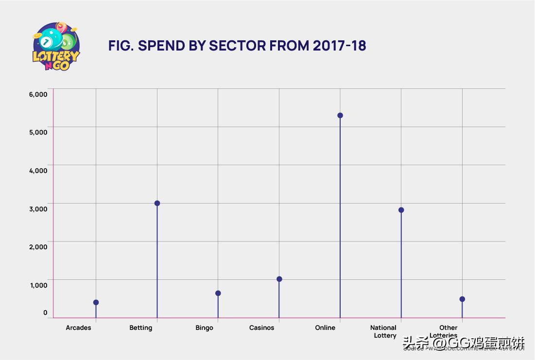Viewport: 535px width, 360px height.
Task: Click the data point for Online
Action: [x=340, y=116]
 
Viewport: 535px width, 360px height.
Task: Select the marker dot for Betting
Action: [x=157, y=203]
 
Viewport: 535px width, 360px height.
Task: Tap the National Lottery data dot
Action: [x=401, y=210]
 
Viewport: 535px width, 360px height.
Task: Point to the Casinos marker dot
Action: [x=279, y=279]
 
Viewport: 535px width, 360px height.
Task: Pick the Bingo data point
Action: [x=218, y=293]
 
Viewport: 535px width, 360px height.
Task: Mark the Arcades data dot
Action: [x=96, y=302]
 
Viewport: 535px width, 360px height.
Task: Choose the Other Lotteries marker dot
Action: [x=462, y=299]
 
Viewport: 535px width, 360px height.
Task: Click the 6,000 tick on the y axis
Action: [x=38, y=94]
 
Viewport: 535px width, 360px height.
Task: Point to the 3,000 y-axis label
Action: [x=38, y=208]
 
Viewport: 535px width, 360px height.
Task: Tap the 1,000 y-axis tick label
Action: [x=38, y=285]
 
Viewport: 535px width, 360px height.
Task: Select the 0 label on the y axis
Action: [x=45, y=312]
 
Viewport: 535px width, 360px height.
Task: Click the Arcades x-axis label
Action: [x=78, y=328]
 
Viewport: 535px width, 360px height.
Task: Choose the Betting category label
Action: [x=141, y=328]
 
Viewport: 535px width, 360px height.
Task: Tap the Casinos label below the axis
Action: [x=261, y=328]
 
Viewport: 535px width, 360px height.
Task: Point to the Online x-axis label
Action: [x=325, y=328]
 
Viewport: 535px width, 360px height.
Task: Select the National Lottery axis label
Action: [x=384, y=331]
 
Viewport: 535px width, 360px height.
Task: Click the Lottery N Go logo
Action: [x=56, y=47]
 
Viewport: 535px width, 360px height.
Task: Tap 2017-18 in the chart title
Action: [x=339, y=46]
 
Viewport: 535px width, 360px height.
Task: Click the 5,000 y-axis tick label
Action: [x=38, y=132]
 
